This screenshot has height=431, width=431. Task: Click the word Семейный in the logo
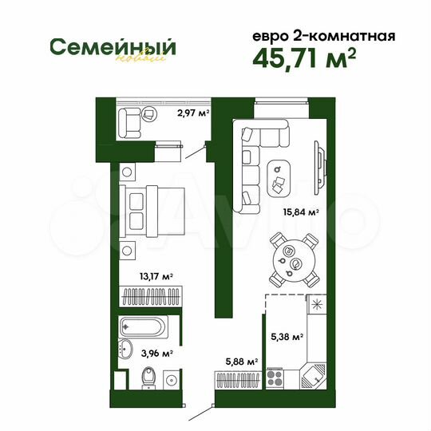(x=112, y=45)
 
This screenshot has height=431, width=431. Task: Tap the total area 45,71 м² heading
(x=304, y=59)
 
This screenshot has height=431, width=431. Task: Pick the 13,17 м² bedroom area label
(x=156, y=277)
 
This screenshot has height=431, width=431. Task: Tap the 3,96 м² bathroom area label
(x=157, y=351)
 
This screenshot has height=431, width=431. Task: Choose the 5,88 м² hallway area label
(x=241, y=362)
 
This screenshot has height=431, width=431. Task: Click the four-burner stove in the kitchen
(x=276, y=374)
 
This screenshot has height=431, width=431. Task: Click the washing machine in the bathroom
(x=170, y=379)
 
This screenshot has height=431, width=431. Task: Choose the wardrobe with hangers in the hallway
(x=236, y=381)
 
